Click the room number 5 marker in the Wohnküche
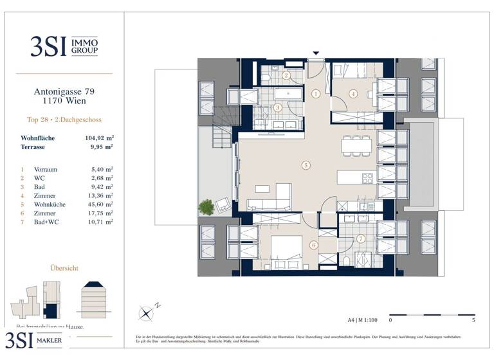tap(306, 166)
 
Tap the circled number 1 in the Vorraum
tap(315, 93)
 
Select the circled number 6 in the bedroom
tap(313, 245)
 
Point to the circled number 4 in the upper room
tap(353, 93)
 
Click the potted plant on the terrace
tap(206, 207)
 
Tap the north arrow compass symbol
tap(147, 313)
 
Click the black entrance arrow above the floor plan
tap(315, 53)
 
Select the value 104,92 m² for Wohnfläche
tap(99, 138)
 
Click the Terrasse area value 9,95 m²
tap(102, 147)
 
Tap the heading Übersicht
tap(64, 267)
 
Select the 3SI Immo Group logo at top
tap(64, 46)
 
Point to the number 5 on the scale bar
tap(473, 319)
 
